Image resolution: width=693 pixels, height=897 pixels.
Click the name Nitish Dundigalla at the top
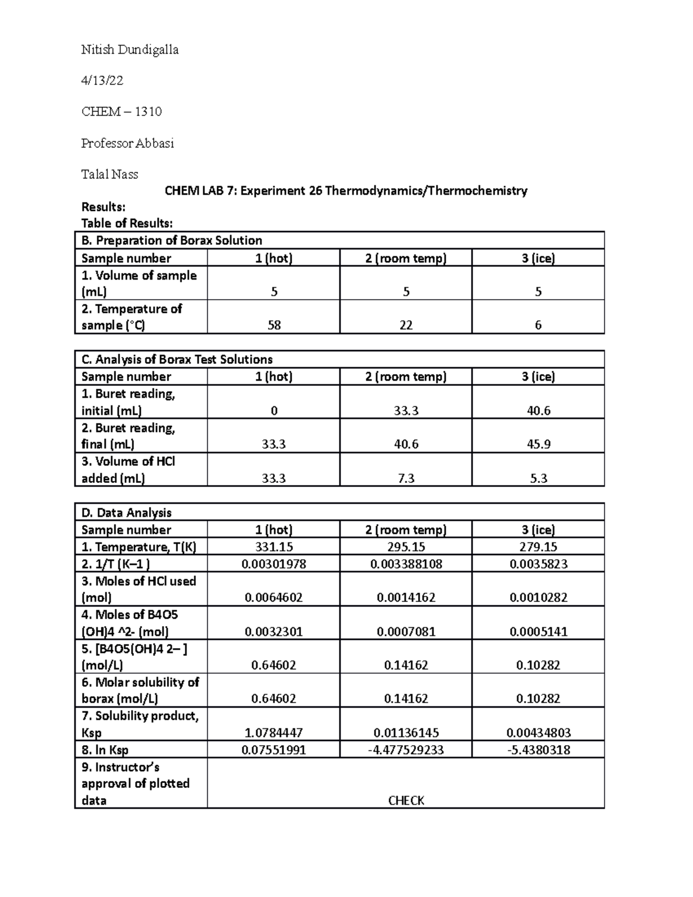[x=130, y=50]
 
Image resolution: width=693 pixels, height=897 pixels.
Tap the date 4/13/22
[x=102, y=81]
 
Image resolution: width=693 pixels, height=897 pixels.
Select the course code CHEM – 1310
[x=121, y=111]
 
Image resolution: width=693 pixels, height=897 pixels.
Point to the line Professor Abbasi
[x=128, y=143]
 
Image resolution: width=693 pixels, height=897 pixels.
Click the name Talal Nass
[x=110, y=174]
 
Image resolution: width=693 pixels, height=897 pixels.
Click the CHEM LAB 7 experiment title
[x=346, y=191]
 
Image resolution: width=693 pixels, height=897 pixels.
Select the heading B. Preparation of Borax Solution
[x=172, y=240]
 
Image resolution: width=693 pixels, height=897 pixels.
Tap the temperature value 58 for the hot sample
[x=274, y=325]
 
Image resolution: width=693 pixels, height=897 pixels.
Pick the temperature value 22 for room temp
[x=406, y=325]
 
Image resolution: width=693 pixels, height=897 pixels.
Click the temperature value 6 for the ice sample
[x=538, y=325]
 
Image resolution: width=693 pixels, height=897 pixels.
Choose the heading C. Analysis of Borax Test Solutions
[x=177, y=359]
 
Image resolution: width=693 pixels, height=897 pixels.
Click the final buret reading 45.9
[x=538, y=444]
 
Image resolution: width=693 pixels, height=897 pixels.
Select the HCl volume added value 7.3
[x=406, y=478]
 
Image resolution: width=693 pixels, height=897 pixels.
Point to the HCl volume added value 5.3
[x=538, y=478]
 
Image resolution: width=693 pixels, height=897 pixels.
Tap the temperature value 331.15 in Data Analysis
[x=274, y=547]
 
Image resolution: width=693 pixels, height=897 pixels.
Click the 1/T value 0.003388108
[x=406, y=564]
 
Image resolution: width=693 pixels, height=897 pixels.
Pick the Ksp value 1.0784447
[x=274, y=733]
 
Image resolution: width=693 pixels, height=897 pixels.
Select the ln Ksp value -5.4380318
[x=538, y=750]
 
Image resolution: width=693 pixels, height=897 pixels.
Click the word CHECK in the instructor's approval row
[x=406, y=801]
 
